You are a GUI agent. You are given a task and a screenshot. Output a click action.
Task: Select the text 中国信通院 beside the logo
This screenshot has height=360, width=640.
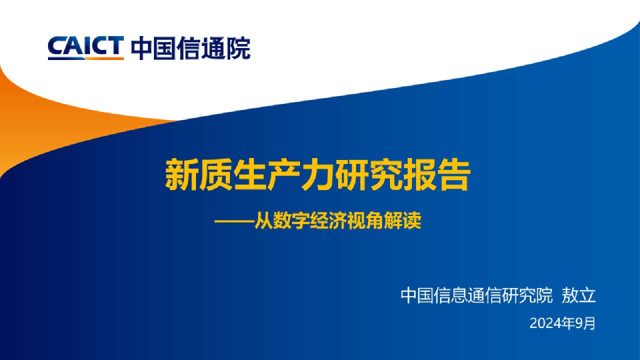tap(191, 48)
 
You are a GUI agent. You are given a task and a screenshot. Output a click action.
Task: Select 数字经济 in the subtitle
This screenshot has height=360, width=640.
tap(310, 221)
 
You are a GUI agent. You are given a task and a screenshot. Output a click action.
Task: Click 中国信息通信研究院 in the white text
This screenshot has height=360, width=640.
tap(477, 295)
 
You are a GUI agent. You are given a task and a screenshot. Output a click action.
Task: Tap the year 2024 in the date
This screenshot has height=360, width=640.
tap(545, 324)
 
